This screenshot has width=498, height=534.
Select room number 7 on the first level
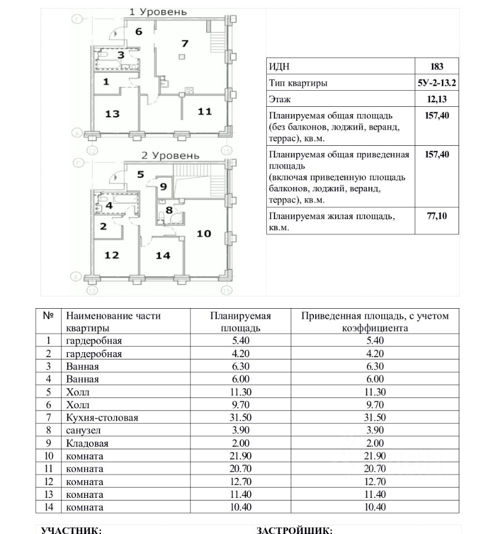tap(185, 43)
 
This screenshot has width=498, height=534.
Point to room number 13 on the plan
tap(112, 113)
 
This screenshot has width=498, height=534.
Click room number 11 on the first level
tap(205, 111)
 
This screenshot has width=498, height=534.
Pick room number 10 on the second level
tap(203, 233)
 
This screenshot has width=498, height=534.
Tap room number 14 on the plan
tap(163, 255)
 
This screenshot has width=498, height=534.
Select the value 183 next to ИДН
tap(437, 66)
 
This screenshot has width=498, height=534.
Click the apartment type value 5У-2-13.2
tap(437, 83)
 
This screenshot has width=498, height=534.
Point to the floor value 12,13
tap(437, 100)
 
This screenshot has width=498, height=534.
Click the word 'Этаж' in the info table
tap(280, 100)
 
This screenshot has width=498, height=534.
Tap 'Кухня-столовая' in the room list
tap(102, 418)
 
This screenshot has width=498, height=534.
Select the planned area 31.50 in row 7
tap(240, 418)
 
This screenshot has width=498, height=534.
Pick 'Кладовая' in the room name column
tap(87, 443)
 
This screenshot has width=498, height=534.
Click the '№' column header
tap(48, 315)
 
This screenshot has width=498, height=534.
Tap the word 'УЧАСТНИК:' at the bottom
tap(71, 530)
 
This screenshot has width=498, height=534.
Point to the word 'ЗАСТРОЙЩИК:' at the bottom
tap(295, 530)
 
